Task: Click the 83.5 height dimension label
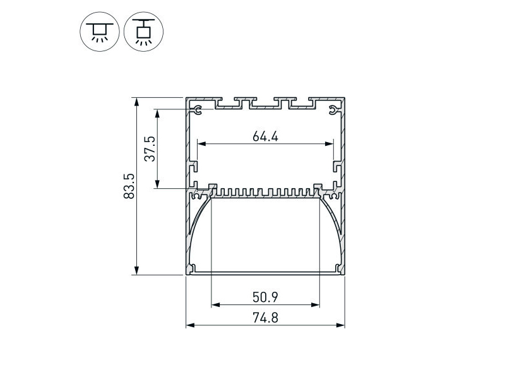pyautogui.click(x=129, y=186)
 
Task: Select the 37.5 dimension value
pyautogui.click(x=150, y=148)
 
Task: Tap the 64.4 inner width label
pyautogui.click(x=265, y=136)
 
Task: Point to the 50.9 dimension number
pyautogui.click(x=265, y=297)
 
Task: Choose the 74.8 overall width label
pyautogui.click(x=265, y=318)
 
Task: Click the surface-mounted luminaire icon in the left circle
pyautogui.click(x=100, y=32)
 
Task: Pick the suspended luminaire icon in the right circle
pyautogui.click(x=144, y=32)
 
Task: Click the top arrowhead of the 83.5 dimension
pyautogui.click(x=137, y=102)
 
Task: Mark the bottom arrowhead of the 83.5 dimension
pyautogui.click(x=137, y=270)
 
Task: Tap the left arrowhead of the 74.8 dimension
pyautogui.click(x=191, y=325)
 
